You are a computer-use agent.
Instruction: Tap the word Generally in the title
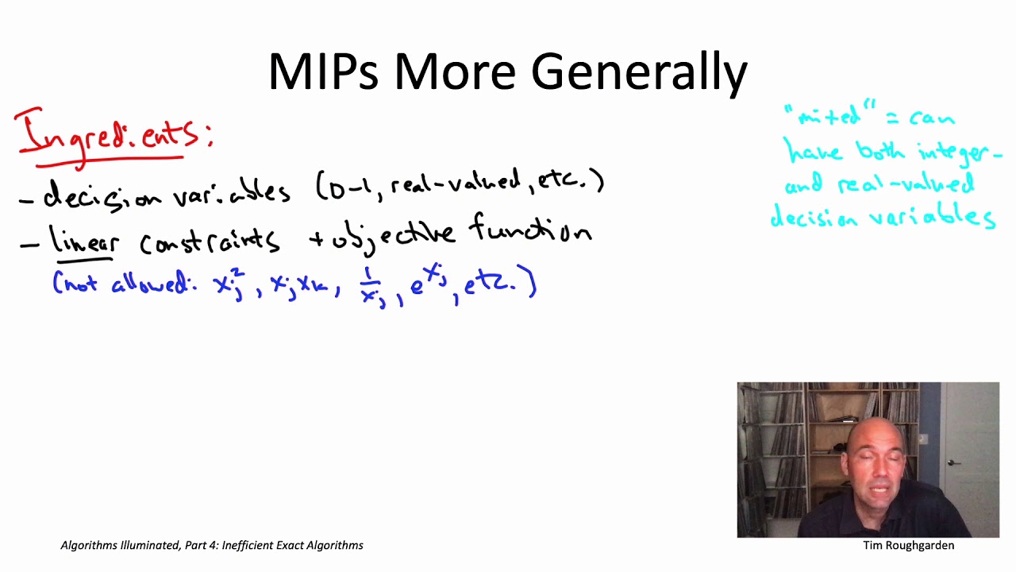point(639,73)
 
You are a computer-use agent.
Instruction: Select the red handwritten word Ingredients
point(111,135)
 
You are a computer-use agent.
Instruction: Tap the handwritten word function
point(530,231)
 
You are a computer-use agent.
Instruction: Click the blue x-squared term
point(229,284)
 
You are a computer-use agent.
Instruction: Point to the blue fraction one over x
point(370,286)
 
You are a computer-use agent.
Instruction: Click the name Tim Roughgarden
point(908,546)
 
